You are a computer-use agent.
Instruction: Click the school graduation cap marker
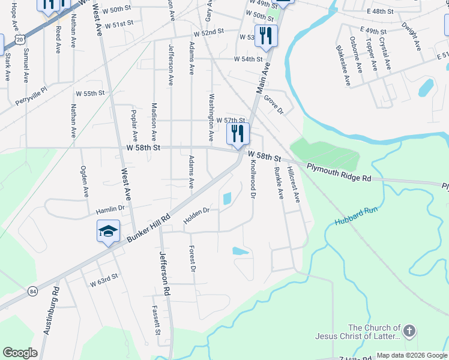pos(109,231)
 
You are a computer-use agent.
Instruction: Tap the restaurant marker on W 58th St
pos(238,134)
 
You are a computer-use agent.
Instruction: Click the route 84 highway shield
pos(32,291)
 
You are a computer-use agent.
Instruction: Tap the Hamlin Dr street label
pos(109,211)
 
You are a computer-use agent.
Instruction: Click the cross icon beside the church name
pos(409,331)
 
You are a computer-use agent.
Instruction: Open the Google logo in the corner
pos(20,353)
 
